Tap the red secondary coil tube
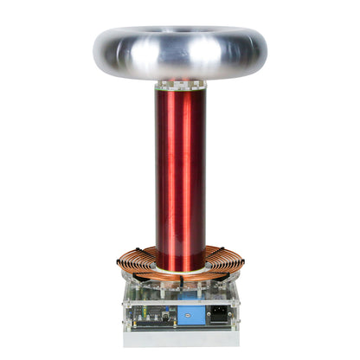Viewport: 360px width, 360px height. pos(180,173)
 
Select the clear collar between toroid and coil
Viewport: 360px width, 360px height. pos(180,87)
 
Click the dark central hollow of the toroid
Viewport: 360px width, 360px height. pos(180,36)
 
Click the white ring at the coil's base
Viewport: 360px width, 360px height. pos(180,273)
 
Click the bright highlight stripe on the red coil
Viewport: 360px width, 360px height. pos(170,173)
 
